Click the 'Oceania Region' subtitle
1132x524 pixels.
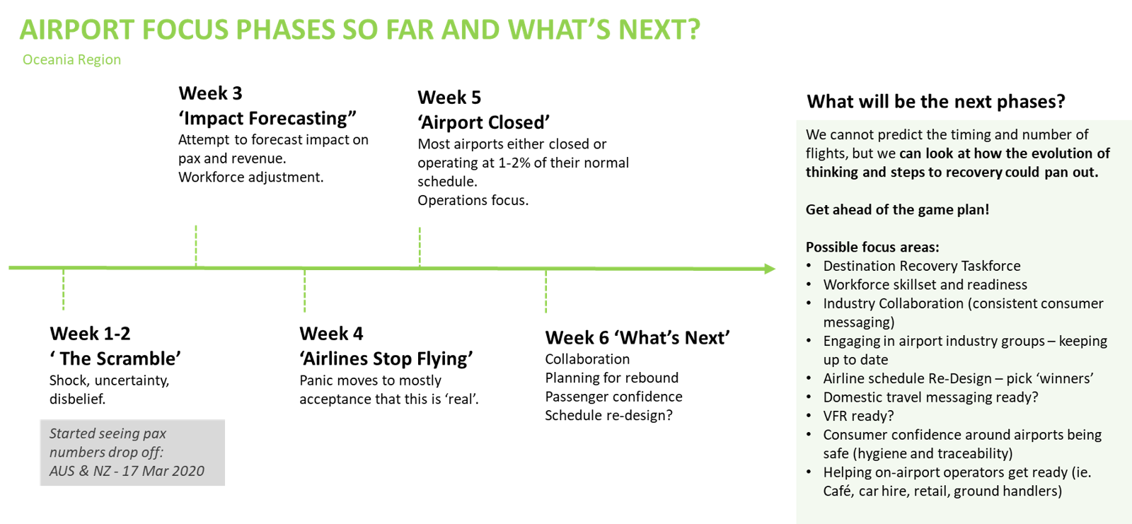click(x=71, y=59)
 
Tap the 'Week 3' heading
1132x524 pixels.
click(x=210, y=93)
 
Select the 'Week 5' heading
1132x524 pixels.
click(x=449, y=98)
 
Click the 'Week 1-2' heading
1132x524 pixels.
click(x=90, y=334)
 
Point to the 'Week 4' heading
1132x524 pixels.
click(x=331, y=334)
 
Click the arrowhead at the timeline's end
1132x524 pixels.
click(x=770, y=269)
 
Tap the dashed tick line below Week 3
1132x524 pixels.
click(x=196, y=245)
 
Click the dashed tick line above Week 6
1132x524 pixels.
click(x=545, y=291)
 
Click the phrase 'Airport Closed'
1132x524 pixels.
click(x=484, y=122)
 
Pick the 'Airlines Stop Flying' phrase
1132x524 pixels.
click(x=386, y=359)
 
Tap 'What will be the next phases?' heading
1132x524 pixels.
click(x=936, y=102)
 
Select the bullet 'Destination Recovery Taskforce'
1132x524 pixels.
click(x=922, y=266)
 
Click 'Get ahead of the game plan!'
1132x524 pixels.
click(x=898, y=210)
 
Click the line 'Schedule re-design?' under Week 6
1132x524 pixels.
click(x=609, y=415)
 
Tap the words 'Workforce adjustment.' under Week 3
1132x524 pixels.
click(x=251, y=177)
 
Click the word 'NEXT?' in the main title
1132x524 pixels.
click(x=659, y=29)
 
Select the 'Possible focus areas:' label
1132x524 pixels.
click(x=872, y=247)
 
